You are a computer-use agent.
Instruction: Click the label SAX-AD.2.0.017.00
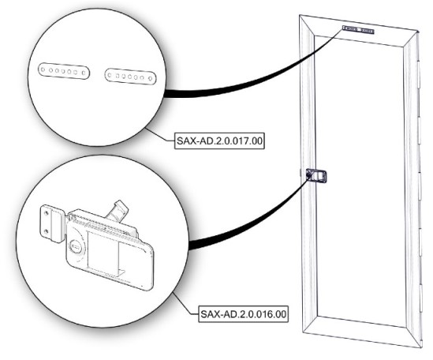point(219,141)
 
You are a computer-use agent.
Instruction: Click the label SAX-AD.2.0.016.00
point(243,314)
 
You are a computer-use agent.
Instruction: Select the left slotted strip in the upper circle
point(64,71)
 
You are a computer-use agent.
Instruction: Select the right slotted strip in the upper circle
point(130,77)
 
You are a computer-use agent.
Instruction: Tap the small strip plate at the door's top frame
point(358,29)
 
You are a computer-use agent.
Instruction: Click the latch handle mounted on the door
point(316,175)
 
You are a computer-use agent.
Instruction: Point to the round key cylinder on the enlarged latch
point(77,246)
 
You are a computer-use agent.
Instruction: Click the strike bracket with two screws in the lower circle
point(51,223)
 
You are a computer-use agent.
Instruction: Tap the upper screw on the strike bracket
point(47,212)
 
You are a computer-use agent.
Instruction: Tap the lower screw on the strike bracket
point(46,231)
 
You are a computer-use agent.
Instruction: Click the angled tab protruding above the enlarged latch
point(117,211)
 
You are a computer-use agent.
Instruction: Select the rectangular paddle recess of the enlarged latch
point(103,254)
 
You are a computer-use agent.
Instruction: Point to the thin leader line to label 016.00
point(185,303)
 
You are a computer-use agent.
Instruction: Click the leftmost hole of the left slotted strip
point(43,69)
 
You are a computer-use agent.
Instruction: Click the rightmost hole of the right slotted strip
point(151,79)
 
